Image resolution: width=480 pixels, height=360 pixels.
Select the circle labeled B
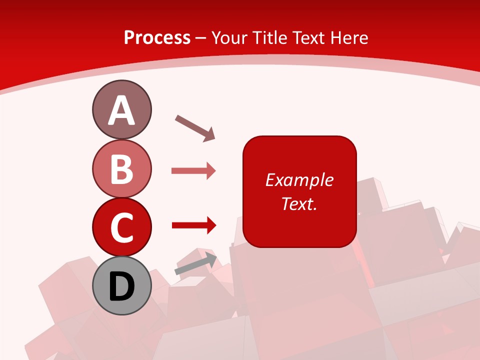coord(121,168)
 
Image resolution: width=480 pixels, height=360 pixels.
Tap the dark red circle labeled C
coord(121,227)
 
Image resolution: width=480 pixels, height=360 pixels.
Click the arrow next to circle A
coord(194,127)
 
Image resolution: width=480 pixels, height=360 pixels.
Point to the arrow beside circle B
coord(193,171)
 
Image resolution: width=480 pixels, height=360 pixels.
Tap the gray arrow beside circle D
coord(195,264)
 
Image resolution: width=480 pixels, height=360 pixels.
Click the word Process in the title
coord(157,37)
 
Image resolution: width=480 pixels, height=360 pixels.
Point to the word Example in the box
coord(299,180)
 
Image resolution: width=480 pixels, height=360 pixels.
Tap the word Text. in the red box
coord(299,203)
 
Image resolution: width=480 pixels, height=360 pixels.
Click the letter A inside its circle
coord(121,111)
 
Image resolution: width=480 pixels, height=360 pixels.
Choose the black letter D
coord(121,287)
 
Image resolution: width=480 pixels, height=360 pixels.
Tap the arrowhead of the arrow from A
coord(209,134)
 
